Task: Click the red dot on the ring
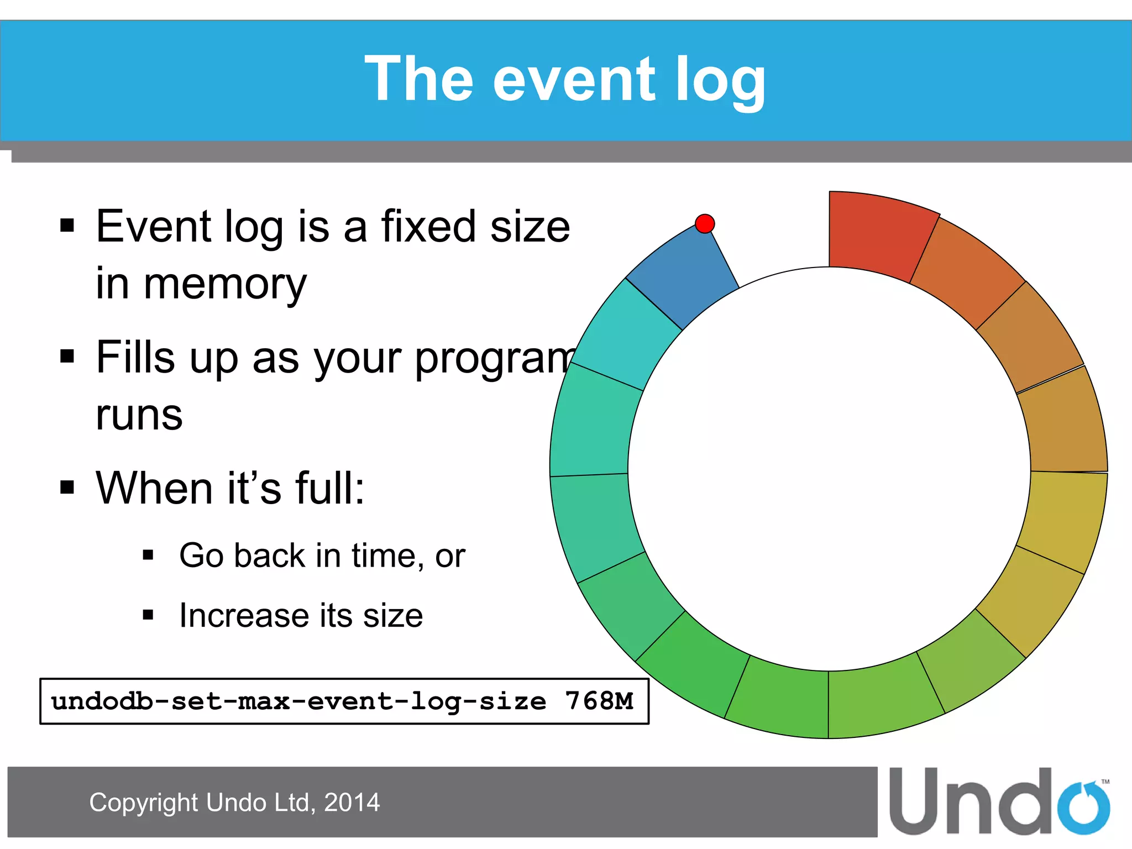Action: (x=705, y=224)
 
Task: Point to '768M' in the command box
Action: (x=599, y=701)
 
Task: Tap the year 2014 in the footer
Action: (x=352, y=803)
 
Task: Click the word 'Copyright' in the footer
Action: (x=144, y=803)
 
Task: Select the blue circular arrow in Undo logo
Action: (x=1084, y=808)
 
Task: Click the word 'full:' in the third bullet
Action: (x=330, y=489)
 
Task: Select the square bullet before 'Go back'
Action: (x=148, y=555)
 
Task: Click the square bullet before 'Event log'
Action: (x=67, y=226)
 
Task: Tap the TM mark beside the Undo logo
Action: (x=1105, y=782)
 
